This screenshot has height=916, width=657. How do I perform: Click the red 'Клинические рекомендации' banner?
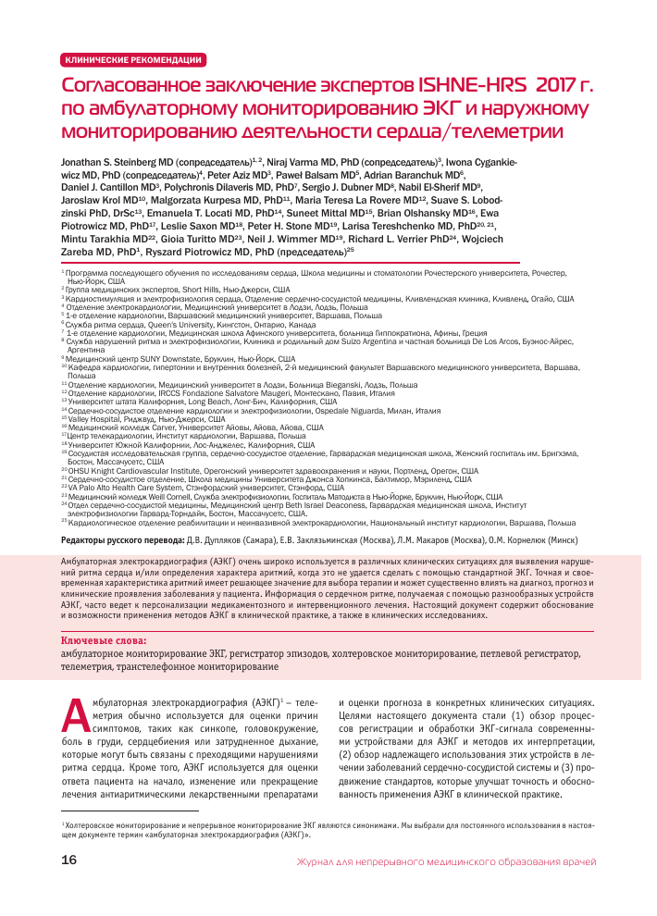pos(132,60)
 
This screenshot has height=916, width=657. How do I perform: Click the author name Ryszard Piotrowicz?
pos(194,252)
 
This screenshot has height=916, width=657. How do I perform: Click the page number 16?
pos(68,861)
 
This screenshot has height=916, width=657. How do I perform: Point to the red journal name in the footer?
pos(445,862)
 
